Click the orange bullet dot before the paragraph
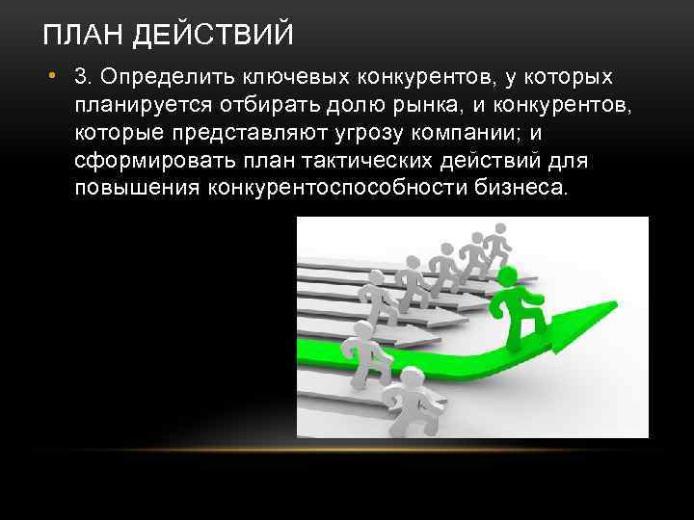click(58, 76)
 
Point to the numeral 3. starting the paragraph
click(82, 75)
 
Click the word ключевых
click(286, 75)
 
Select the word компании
click(463, 131)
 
